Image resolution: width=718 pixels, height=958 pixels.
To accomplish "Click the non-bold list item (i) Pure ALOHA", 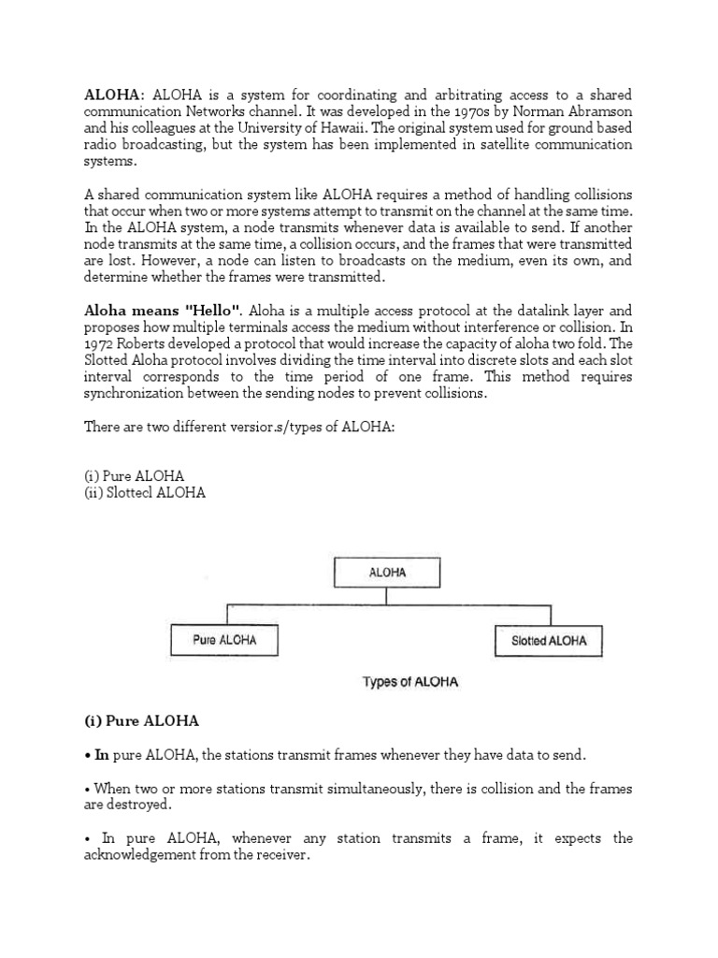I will tap(134, 476).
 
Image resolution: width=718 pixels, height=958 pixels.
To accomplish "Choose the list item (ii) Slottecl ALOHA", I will tap(144, 492).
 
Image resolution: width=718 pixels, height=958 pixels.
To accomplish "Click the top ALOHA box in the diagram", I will tap(387, 573).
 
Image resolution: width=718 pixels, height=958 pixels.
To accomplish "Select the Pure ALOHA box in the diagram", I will tap(224, 641).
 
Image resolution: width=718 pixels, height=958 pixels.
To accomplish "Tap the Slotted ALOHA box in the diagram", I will tap(549, 641).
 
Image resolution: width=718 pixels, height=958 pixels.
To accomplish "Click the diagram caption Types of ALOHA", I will tap(409, 682).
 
